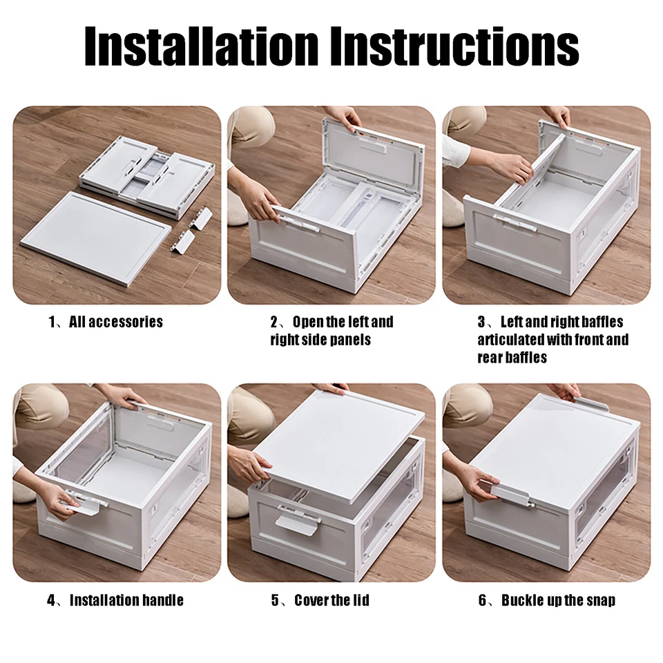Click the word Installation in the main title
click(201, 47)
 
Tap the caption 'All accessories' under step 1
click(115, 322)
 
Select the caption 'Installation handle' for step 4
click(126, 599)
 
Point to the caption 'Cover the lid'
click(331, 599)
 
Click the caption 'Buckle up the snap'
click(558, 599)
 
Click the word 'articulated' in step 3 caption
click(510, 340)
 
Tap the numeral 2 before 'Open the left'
click(274, 322)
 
